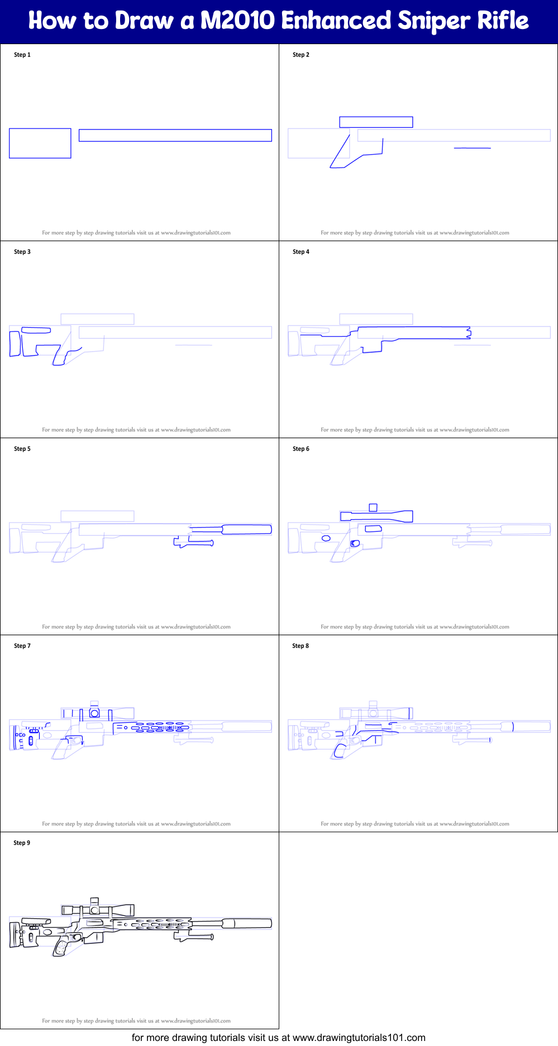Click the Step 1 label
22,55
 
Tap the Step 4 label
301,252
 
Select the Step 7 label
22,646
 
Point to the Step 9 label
22,843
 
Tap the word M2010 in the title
237,21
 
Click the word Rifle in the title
503,21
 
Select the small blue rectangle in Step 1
40,143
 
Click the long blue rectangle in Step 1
175,136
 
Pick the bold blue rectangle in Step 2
376,122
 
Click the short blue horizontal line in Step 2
473,148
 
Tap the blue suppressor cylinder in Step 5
246,530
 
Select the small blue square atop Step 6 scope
373,507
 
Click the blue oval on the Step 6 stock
326,538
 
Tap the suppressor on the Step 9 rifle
246,924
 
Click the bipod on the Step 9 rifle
193,937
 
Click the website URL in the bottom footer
359,1038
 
